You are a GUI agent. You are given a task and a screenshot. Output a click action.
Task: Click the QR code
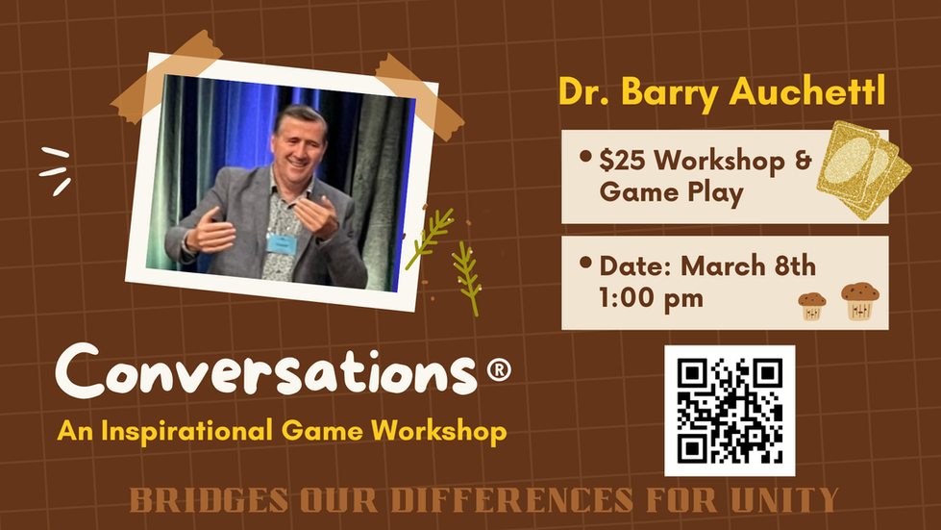[730, 411]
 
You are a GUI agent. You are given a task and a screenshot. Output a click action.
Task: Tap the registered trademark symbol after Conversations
[498, 369]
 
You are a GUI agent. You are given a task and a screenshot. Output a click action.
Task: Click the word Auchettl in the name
[807, 92]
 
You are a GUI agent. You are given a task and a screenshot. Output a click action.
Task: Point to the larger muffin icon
[859, 301]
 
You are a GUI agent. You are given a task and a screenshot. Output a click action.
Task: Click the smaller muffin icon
[811, 306]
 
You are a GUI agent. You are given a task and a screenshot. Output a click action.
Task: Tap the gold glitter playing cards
[863, 170]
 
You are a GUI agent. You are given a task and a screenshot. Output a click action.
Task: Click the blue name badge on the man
[282, 244]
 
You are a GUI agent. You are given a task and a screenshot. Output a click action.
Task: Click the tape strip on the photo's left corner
[166, 77]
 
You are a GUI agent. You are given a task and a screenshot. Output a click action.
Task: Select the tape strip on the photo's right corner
[419, 96]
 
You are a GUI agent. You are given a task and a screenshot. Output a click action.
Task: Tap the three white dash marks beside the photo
[56, 171]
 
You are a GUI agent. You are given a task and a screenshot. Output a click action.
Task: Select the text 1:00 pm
[651, 298]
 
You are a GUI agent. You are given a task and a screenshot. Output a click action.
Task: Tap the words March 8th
[749, 265]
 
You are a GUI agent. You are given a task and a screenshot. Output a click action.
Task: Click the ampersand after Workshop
[803, 161]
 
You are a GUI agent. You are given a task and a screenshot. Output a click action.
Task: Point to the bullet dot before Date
[585, 263]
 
